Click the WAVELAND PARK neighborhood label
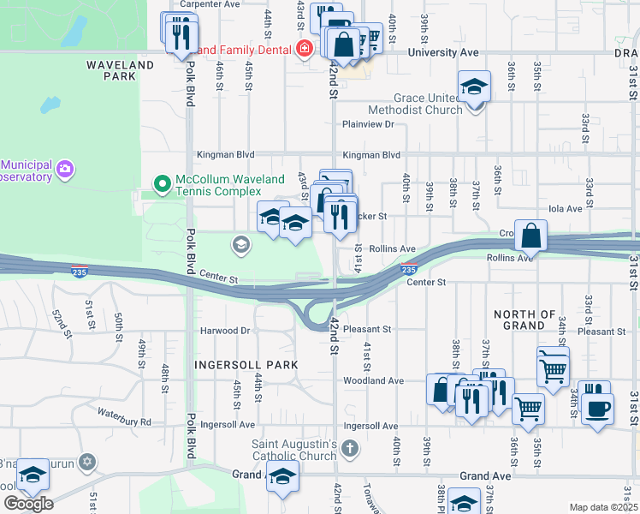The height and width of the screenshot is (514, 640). [120, 70]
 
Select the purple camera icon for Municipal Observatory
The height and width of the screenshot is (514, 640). [64, 170]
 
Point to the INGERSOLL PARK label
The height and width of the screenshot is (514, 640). [246, 365]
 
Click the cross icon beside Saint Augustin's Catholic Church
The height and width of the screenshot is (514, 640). [349, 449]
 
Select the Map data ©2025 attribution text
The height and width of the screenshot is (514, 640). [603, 507]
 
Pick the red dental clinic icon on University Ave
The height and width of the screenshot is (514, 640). [303, 50]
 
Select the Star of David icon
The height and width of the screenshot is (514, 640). [86, 463]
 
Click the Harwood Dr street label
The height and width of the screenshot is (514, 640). [224, 331]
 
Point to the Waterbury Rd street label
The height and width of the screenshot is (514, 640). [124, 421]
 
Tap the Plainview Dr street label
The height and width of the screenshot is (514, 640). [367, 124]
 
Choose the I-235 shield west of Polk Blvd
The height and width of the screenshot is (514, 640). [79, 273]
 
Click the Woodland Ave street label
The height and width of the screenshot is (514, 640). [373, 380]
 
